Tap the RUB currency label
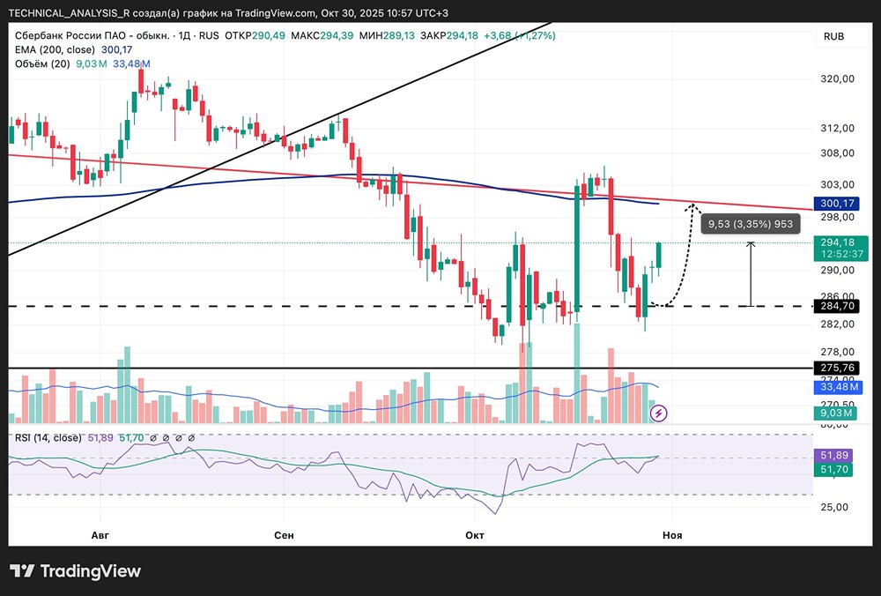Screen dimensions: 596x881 [833, 36]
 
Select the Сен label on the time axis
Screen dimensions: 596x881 [284, 535]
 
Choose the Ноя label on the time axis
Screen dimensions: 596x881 [672, 535]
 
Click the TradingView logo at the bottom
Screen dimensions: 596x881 [75, 571]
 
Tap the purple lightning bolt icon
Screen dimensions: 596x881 [658, 412]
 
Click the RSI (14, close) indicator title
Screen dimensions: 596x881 [48, 437]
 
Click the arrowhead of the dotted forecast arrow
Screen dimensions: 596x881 [693, 206]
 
